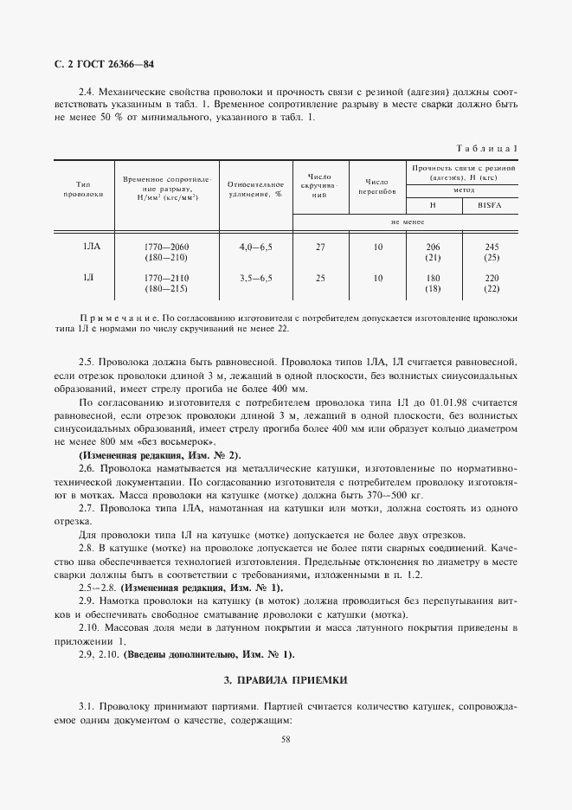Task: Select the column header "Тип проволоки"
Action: pos(84,190)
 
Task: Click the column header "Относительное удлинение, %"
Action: pos(255,190)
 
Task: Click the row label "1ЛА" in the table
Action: pos(92,247)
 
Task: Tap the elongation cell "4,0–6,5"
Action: pos(255,247)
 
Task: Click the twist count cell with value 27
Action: pos(320,247)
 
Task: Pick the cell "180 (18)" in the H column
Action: pos(434,283)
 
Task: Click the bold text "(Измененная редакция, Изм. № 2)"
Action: pos(160,455)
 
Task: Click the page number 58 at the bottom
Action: pos(286,738)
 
